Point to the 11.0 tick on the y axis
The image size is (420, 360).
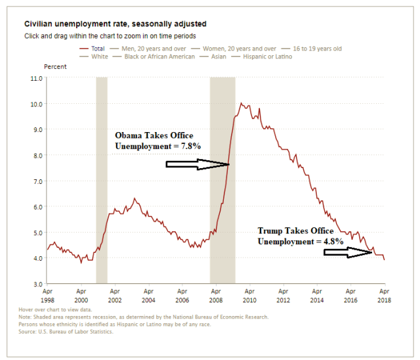pyautogui.click(x=37, y=78)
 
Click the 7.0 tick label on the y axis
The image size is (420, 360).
pyautogui.click(x=37, y=181)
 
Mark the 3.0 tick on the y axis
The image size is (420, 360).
pyautogui.click(x=37, y=284)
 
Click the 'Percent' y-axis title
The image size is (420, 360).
pyautogui.click(x=55, y=67)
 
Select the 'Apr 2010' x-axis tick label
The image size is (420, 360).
pyautogui.click(x=249, y=296)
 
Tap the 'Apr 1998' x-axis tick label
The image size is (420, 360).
pyautogui.click(x=47, y=296)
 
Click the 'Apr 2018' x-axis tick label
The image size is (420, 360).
pyautogui.click(x=384, y=296)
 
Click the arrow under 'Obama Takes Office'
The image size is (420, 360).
pyautogui.click(x=197, y=166)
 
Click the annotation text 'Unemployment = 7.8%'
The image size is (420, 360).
pyautogui.click(x=157, y=145)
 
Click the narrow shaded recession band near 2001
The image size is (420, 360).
pyautogui.click(x=101, y=180)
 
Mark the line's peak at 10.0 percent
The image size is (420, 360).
pyautogui.click(x=241, y=104)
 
